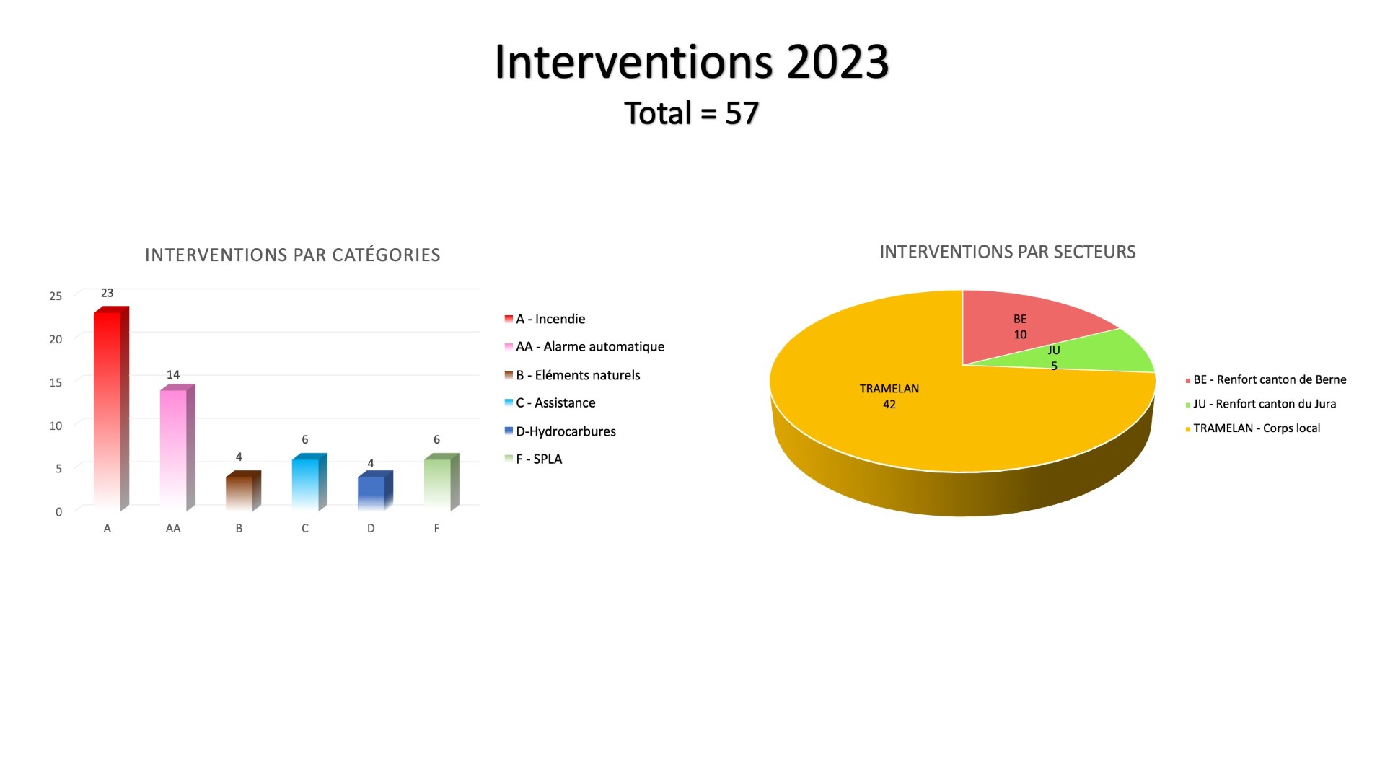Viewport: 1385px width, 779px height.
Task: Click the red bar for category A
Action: tap(111, 409)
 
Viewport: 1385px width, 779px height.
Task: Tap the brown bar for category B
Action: tap(243, 491)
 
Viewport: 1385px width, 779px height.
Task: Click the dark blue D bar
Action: tap(375, 491)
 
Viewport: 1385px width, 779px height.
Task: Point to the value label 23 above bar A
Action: tap(107, 293)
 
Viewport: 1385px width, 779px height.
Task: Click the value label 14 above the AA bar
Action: tap(173, 374)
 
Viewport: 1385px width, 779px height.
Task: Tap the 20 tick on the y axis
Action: tap(56, 339)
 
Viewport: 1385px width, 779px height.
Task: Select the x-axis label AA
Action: tap(173, 529)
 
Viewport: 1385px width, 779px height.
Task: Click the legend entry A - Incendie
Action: tap(545, 319)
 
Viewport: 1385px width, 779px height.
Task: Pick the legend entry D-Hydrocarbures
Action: tap(560, 431)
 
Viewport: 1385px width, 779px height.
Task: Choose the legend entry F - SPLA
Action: tap(533, 459)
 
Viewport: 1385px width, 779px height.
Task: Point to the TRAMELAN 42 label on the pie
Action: tap(889, 396)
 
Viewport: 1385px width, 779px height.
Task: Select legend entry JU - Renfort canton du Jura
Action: tap(1260, 404)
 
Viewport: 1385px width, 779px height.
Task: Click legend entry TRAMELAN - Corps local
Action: tap(1252, 428)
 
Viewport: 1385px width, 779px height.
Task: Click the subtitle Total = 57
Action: tap(692, 113)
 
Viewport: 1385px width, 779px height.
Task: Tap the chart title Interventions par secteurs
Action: tap(1008, 252)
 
